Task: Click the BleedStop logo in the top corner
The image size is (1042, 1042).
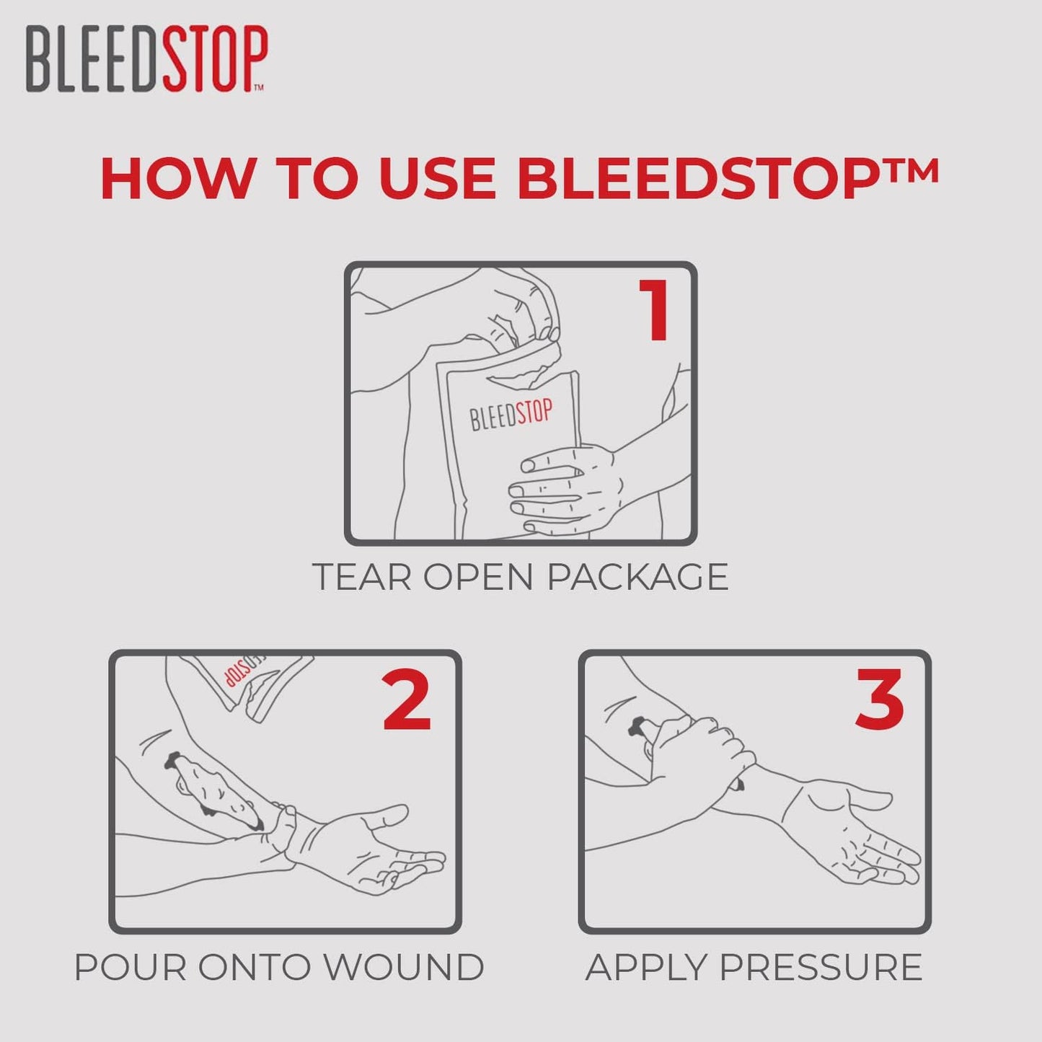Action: click(x=146, y=59)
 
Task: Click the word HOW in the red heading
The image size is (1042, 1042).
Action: click(x=177, y=178)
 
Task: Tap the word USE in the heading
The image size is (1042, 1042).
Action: click(x=437, y=178)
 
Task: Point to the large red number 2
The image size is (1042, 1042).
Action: click(x=407, y=700)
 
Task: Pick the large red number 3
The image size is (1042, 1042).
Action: click(x=880, y=699)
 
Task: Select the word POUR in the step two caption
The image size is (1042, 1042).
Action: click(x=131, y=968)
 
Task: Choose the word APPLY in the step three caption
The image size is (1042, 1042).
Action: click(x=647, y=968)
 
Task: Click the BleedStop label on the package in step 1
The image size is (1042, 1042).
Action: click(x=511, y=415)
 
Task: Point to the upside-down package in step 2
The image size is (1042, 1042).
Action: click(x=249, y=681)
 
